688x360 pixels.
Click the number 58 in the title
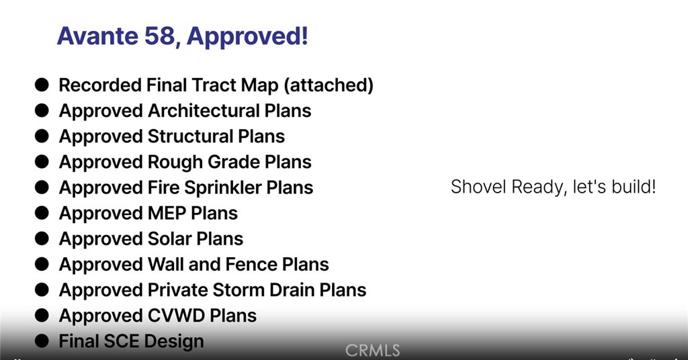coord(160,36)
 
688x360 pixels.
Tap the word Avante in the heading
coord(97,36)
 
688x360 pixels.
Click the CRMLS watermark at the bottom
coord(372,351)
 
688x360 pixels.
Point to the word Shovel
coord(478,187)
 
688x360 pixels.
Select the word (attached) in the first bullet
coord(329,85)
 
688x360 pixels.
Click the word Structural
coord(190,136)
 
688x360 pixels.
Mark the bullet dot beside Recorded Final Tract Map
coord(42,85)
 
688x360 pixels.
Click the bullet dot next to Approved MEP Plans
coord(42,213)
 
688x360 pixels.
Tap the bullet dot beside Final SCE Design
coord(42,341)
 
